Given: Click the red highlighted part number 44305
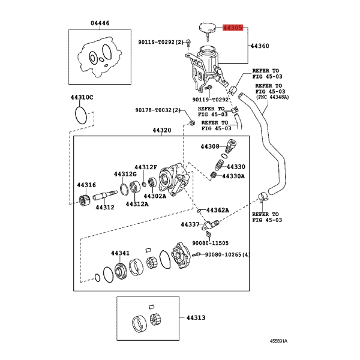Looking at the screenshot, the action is pyautogui.click(x=233, y=28).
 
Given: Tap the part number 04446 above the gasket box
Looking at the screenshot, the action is pyautogui.click(x=100, y=23).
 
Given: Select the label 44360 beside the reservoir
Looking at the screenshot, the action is pyautogui.click(x=260, y=46).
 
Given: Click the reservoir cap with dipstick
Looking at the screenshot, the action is pyautogui.click(x=208, y=30).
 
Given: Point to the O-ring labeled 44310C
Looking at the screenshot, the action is pyautogui.click(x=81, y=115).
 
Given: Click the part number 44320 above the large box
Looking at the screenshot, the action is pyautogui.click(x=162, y=130).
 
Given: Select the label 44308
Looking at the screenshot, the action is pyautogui.click(x=210, y=146).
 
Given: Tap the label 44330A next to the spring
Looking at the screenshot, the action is pyautogui.click(x=233, y=176).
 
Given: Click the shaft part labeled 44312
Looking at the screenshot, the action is pyautogui.click(x=105, y=196).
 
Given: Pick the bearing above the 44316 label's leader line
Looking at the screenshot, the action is pyautogui.click(x=85, y=200).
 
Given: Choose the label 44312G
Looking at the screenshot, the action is pyautogui.click(x=125, y=174).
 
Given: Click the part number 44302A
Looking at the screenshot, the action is pyautogui.click(x=155, y=196).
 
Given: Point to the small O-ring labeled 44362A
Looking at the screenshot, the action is pyautogui.click(x=199, y=211).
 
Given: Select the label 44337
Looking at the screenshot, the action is pyautogui.click(x=190, y=224).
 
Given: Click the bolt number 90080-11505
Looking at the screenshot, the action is pyautogui.click(x=211, y=243).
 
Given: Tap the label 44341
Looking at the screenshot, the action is pyautogui.click(x=121, y=253).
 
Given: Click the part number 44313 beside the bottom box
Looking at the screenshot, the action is pyautogui.click(x=196, y=318).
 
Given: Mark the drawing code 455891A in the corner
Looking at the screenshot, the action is pyautogui.click(x=278, y=341).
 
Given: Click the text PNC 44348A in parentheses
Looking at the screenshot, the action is pyautogui.click(x=272, y=97).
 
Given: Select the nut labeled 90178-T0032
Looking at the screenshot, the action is pyautogui.click(x=193, y=122).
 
